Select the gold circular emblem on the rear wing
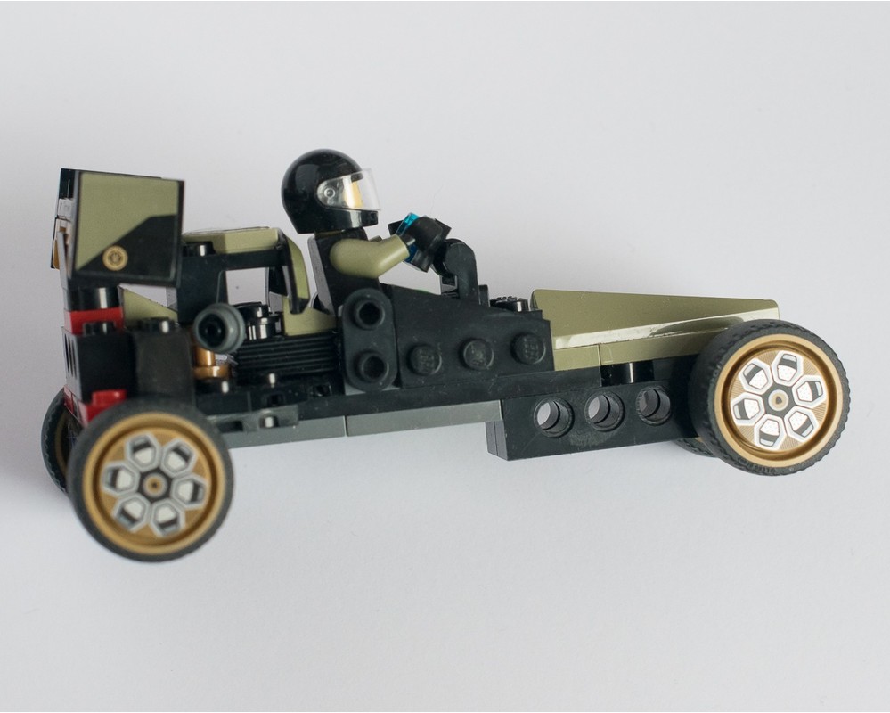tap(114, 258)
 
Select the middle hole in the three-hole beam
tap(605, 411)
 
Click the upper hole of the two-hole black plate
tap(366, 313)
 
